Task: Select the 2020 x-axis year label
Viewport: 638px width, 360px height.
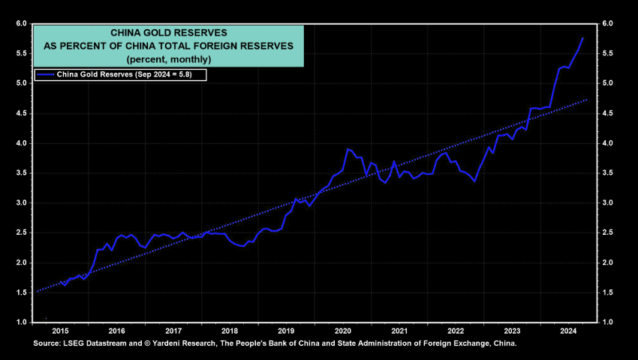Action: [343, 330]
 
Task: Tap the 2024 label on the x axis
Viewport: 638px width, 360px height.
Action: [569, 330]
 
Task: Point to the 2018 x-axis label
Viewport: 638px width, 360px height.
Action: [230, 330]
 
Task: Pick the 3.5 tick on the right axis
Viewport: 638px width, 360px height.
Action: [607, 173]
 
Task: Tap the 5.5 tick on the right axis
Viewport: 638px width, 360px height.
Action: [607, 54]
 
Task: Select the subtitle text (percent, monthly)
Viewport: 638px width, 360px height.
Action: [168, 58]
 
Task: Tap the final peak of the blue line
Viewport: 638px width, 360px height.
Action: [583, 37]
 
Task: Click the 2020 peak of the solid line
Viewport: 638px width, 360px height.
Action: [348, 149]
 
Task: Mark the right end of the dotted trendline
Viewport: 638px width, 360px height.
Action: [587, 99]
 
